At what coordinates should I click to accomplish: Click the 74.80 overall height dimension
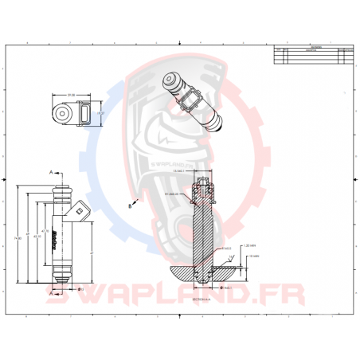[17, 237]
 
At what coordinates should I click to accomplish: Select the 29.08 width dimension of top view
[71, 94]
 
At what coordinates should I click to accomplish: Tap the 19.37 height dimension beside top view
[100, 115]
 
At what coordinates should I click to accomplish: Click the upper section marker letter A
[52, 172]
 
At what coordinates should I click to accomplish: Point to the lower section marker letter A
[52, 294]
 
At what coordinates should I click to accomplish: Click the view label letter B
[130, 205]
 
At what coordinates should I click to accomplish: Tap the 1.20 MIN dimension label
[247, 245]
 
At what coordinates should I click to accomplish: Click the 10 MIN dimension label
[255, 256]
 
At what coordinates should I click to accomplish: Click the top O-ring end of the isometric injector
[169, 80]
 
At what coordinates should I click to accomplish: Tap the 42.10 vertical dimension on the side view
[35, 236]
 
